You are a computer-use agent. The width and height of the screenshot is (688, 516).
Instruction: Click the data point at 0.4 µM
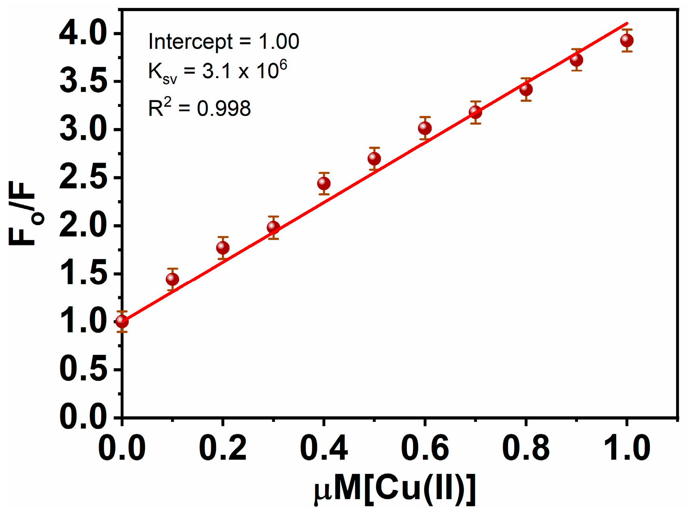(323, 183)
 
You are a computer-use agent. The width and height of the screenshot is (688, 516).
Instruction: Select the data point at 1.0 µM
(626, 40)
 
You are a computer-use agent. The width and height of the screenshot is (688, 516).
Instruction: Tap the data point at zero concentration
(122, 322)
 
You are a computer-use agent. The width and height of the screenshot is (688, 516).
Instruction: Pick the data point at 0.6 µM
(424, 128)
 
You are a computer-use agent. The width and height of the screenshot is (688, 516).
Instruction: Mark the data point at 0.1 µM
(172, 279)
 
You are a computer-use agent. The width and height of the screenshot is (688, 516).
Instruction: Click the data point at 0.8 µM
(525, 89)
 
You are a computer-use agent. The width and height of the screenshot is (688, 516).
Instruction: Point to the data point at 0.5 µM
(374, 158)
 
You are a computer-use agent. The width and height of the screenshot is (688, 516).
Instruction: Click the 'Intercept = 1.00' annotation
(223, 42)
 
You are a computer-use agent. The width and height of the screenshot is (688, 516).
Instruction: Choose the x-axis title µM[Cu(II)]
(394, 490)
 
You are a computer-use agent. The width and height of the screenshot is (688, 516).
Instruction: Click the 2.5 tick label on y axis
(83, 178)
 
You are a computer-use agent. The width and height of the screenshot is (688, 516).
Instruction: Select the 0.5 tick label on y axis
(83, 369)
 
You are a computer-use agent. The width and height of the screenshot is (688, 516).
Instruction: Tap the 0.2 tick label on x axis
(223, 448)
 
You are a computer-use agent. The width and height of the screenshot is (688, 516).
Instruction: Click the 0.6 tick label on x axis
(424, 448)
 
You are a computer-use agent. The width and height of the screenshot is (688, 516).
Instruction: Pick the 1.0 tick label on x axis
(626, 448)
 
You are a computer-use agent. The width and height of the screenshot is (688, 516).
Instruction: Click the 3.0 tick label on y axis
(83, 130)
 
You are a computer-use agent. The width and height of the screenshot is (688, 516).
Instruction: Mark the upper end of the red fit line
(626, 23)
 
